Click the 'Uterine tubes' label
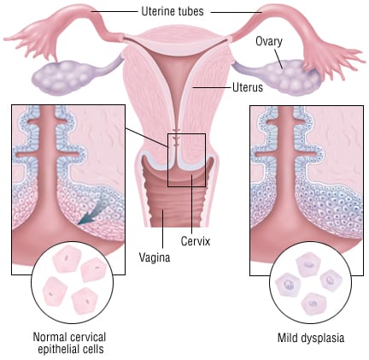click(x=173, y=11)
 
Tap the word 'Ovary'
click(x=269, y=42)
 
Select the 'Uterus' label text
click(x=248, y=87)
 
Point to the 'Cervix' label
click(x=196, y=241)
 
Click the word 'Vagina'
click(x=155, y=257)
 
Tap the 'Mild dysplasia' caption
click(x=311, y=338)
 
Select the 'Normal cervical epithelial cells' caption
click(x=70, y=343)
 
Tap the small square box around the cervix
click(x=186, y=133)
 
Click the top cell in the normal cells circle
click(x=66, y=259)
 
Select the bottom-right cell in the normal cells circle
click(x=85, y=300)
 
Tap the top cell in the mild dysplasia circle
click(x=309, y=265)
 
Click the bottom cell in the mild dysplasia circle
click(x=313, y=304)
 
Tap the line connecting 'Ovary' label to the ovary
click(x=278, y=59)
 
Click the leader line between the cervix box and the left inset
click(x=147, y=138)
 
